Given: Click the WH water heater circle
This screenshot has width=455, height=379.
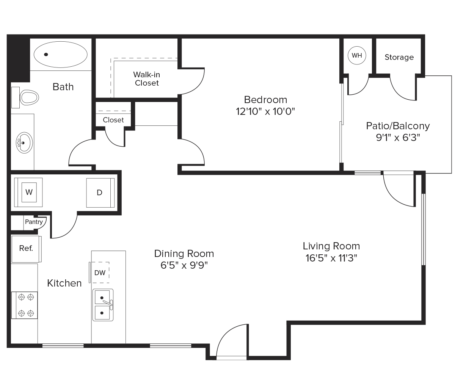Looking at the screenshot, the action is [x=357, y=55].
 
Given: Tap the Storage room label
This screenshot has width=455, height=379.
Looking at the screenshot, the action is [x=399, y=57].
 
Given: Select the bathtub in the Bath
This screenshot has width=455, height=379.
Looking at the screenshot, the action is [x=61, y=55].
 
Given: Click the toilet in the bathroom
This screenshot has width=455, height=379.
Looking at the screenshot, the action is [x=25, y=97].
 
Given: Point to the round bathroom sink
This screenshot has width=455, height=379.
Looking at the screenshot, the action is [x=24, y=143].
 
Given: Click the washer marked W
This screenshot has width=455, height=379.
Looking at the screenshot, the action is [x=28, y=192].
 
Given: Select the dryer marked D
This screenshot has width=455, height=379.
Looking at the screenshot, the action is [x=100, y=193].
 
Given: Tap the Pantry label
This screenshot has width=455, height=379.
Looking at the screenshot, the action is [x=34, y=222].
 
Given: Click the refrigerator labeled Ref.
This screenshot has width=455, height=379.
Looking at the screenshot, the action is [x=27, y=249].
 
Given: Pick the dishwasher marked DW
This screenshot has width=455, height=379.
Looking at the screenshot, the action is [x=100, y=273].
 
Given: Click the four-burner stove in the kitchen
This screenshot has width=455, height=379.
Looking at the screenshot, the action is [x=24, y=305].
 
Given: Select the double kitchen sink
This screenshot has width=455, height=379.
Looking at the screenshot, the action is [x=103, y=305].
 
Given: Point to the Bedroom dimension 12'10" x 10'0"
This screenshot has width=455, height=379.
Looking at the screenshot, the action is [x=265, y=112].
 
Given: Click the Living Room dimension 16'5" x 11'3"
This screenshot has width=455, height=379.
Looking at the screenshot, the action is [x=331, y=258].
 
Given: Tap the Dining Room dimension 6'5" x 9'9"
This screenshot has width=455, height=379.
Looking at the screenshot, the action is [x=184, y=265].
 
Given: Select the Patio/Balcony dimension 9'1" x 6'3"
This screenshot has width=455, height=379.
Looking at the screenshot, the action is [x=398, y=138].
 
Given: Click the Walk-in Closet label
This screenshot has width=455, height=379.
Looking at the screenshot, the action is [x=147, y=79].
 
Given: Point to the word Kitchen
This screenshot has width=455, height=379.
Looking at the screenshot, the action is [x=64, y=283].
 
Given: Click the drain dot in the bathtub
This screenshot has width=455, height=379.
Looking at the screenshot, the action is [x=46, y=55].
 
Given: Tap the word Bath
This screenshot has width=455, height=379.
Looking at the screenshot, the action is [x=63, y=87].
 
